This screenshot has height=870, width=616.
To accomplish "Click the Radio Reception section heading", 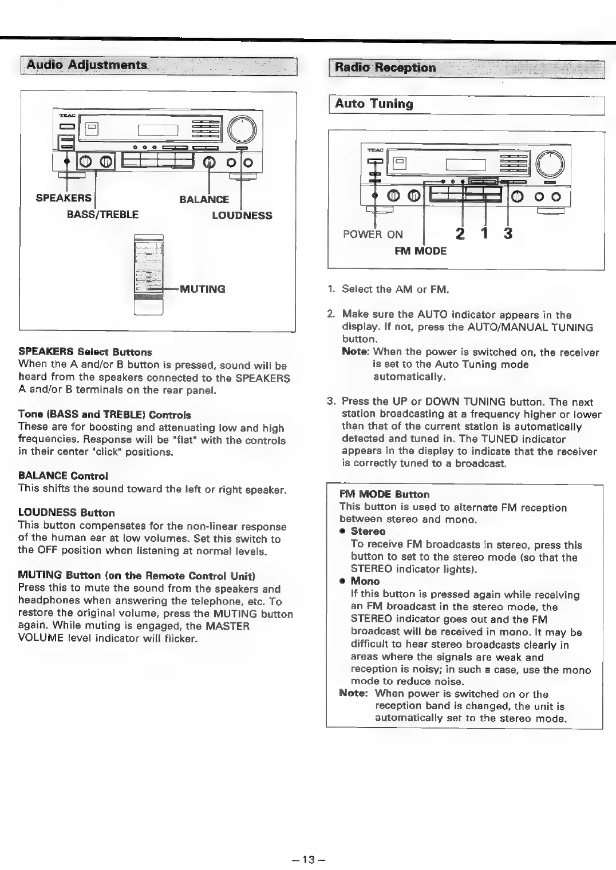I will pyautogui.click(x=385, y=67).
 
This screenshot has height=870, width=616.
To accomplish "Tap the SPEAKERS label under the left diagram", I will pyautogui.click(x=64, y=198).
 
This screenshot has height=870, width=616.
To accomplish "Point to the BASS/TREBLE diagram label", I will pyautogui.click(x=102, y=215).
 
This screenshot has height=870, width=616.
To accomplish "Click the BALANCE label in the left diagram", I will pyautogui.click(x=204, y=199).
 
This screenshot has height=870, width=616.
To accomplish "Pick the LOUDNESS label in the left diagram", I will pyautogui.click(x=242, y=216).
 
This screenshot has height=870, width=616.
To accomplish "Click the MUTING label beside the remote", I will pyautogui.click(x=202, y=289).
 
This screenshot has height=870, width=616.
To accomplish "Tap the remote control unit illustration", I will pyautogui.click(x=148, y=275).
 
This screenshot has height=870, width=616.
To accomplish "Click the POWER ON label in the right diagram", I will pyautogui.click(x=373, y=235).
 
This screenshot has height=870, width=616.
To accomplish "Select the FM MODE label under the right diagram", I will pyautogui.click(x=420, y=251).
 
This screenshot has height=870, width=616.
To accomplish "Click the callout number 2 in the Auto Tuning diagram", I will pyautogui.click(x=460, y=234).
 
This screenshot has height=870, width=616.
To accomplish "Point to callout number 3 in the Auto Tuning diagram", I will pyautogui.click(x=507, y=234).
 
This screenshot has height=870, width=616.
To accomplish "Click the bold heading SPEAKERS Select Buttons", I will pyautogui.click(x=85, y=351).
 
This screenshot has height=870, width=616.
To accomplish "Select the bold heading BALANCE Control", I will pyautogui.click(x=63, y=476).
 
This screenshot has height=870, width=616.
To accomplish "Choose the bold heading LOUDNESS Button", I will pyautogui.click(x=66, y=513).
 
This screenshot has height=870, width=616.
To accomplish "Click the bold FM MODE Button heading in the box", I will pyautogui.click(x=384, y=494).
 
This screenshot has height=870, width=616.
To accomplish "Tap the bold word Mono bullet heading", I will pyautogui.click(x=365, y=582).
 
